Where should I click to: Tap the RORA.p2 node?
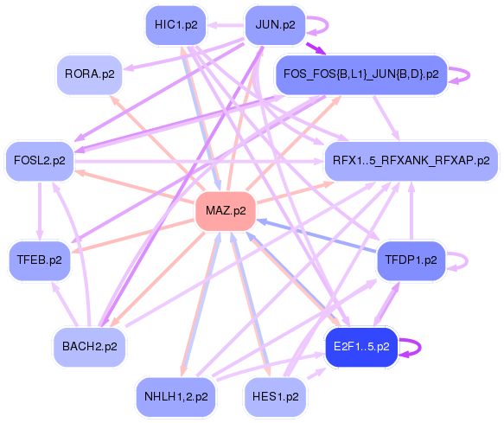pyautogui.click(x=88, y=74)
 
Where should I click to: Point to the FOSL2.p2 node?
pyautogui.click(x=40, y=160)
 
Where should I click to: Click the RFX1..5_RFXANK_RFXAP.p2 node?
pyautogui.click(x=411, y=160)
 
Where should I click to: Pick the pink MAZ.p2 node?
pyautogui.click(x=226, y=210)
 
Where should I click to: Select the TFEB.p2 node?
pyautogui.click(x=40, y=259)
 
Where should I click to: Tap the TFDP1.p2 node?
pyautogui.click(x=411, y=259)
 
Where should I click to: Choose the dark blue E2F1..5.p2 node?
pyautogui.click(x=360, y=347)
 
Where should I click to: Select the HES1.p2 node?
pyautogui.click(x=275, y=396)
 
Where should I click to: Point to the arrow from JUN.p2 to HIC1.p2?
pyautogui.click(x=226, y=25)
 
